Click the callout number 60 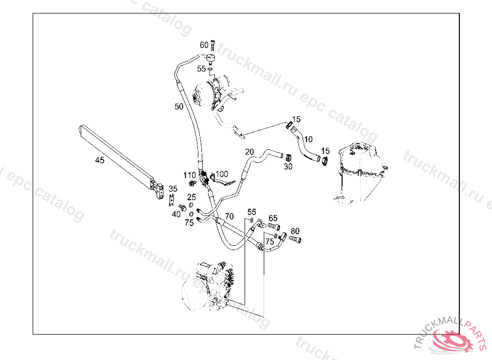204,45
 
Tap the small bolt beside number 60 213,46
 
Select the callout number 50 179,107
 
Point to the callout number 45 99,160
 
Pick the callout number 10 308,139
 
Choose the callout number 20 249,152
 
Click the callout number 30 288,167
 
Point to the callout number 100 221,174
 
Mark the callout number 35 173,189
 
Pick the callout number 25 192,197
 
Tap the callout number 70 229,216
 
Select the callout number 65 273,218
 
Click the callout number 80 295,231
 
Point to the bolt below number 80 295,239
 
